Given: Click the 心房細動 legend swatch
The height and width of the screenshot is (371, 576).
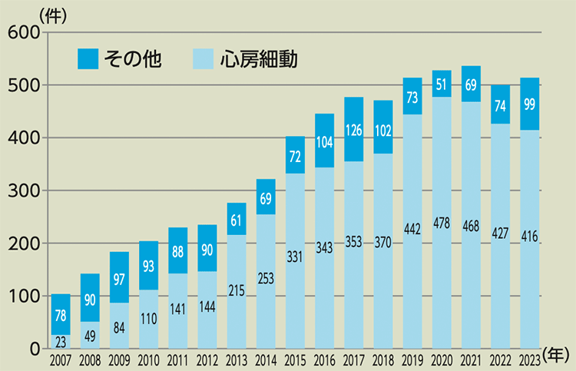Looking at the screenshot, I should tap(203, 59).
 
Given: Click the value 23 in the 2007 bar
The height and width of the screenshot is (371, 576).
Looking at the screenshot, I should tap(61, 340).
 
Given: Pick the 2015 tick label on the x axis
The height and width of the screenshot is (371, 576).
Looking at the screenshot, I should tap(295, 359).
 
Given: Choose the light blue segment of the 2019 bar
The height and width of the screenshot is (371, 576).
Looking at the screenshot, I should tap(412, 230).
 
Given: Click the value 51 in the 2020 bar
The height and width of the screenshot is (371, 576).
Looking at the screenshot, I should tap(442, 84).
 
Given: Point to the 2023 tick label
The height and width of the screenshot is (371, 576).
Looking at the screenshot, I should tap(530, 359).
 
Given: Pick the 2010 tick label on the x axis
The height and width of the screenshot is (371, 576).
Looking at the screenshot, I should tap(148, 359).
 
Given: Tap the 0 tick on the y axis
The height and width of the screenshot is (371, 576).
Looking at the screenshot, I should tap(34, 349).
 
